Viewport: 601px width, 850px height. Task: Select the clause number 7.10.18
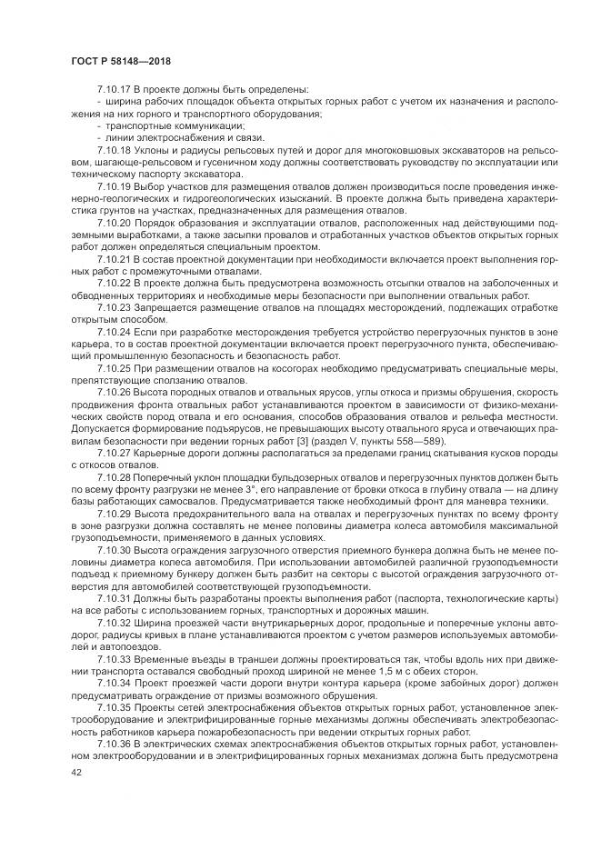114,149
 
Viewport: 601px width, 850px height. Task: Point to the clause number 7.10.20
114,221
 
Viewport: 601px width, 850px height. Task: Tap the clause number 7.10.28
114,474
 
